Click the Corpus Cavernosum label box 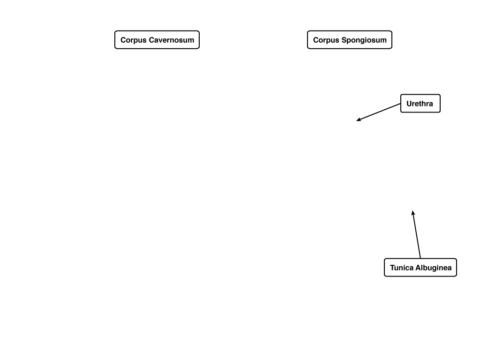[x=157, y=40]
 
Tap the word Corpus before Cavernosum [x=134, y=40]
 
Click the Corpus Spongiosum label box [x=350, y=40]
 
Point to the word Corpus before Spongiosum [x=326, y=40]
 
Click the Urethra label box [x=420, y=104]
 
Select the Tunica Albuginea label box [x=420, y=268]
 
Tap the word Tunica [x=401, y=268]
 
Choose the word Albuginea [x=433, y=268]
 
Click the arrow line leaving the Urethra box [x=378, y=112]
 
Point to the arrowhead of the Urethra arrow [x=357, y=120]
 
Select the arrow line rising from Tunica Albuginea [x=416, y=234]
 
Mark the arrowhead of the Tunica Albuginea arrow [x=412, y=211]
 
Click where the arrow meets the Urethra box [x=401, y=104]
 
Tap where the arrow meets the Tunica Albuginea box [x=420, y=258]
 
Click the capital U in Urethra [x=409, y=104]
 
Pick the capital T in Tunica [x=392, y=268]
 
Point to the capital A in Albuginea [x=417, y=268]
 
